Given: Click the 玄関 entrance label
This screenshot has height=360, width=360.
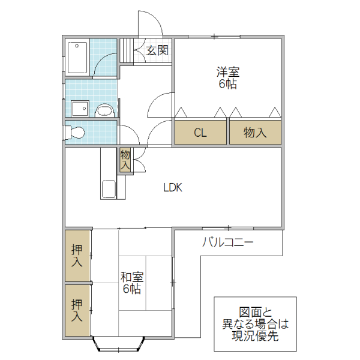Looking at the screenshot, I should click(157, 51).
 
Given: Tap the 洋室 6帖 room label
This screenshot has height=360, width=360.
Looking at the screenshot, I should click(227, 78).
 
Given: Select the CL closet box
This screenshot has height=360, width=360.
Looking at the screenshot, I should click(200, 133).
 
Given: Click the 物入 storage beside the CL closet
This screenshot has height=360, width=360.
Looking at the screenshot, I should click(255, 133).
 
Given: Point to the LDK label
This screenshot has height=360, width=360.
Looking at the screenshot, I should click(173, 187).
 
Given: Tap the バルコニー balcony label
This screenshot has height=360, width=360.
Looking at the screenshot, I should click(227, 243).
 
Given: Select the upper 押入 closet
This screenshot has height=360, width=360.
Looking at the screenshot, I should click(77, 255).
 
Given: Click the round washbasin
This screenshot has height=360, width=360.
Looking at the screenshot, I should click(105, 110).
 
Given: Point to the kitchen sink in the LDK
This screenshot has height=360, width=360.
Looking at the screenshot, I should click(110, 188).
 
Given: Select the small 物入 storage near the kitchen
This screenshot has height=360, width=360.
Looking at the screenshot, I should click(125, 160).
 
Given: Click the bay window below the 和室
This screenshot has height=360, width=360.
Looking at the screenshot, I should click(118, 344).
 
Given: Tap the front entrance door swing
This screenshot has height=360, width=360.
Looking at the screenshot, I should click(150, 24).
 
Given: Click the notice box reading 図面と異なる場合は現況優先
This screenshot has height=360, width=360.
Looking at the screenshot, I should click(255, 325).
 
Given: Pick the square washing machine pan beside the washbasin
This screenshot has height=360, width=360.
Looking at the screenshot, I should click(79, 109).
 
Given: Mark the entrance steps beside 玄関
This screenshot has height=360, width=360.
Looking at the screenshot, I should click(125, 50).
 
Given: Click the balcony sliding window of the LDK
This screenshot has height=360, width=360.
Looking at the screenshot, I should click(228, 229).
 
